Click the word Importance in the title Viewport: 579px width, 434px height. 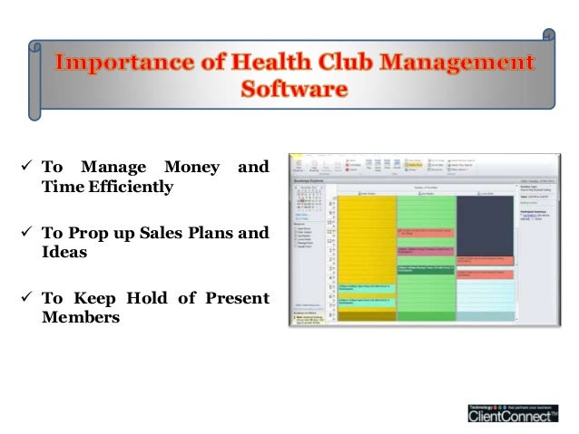point(113,64)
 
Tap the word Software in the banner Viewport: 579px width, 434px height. point(293,90)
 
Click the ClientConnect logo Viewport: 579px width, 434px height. point(514,413)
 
